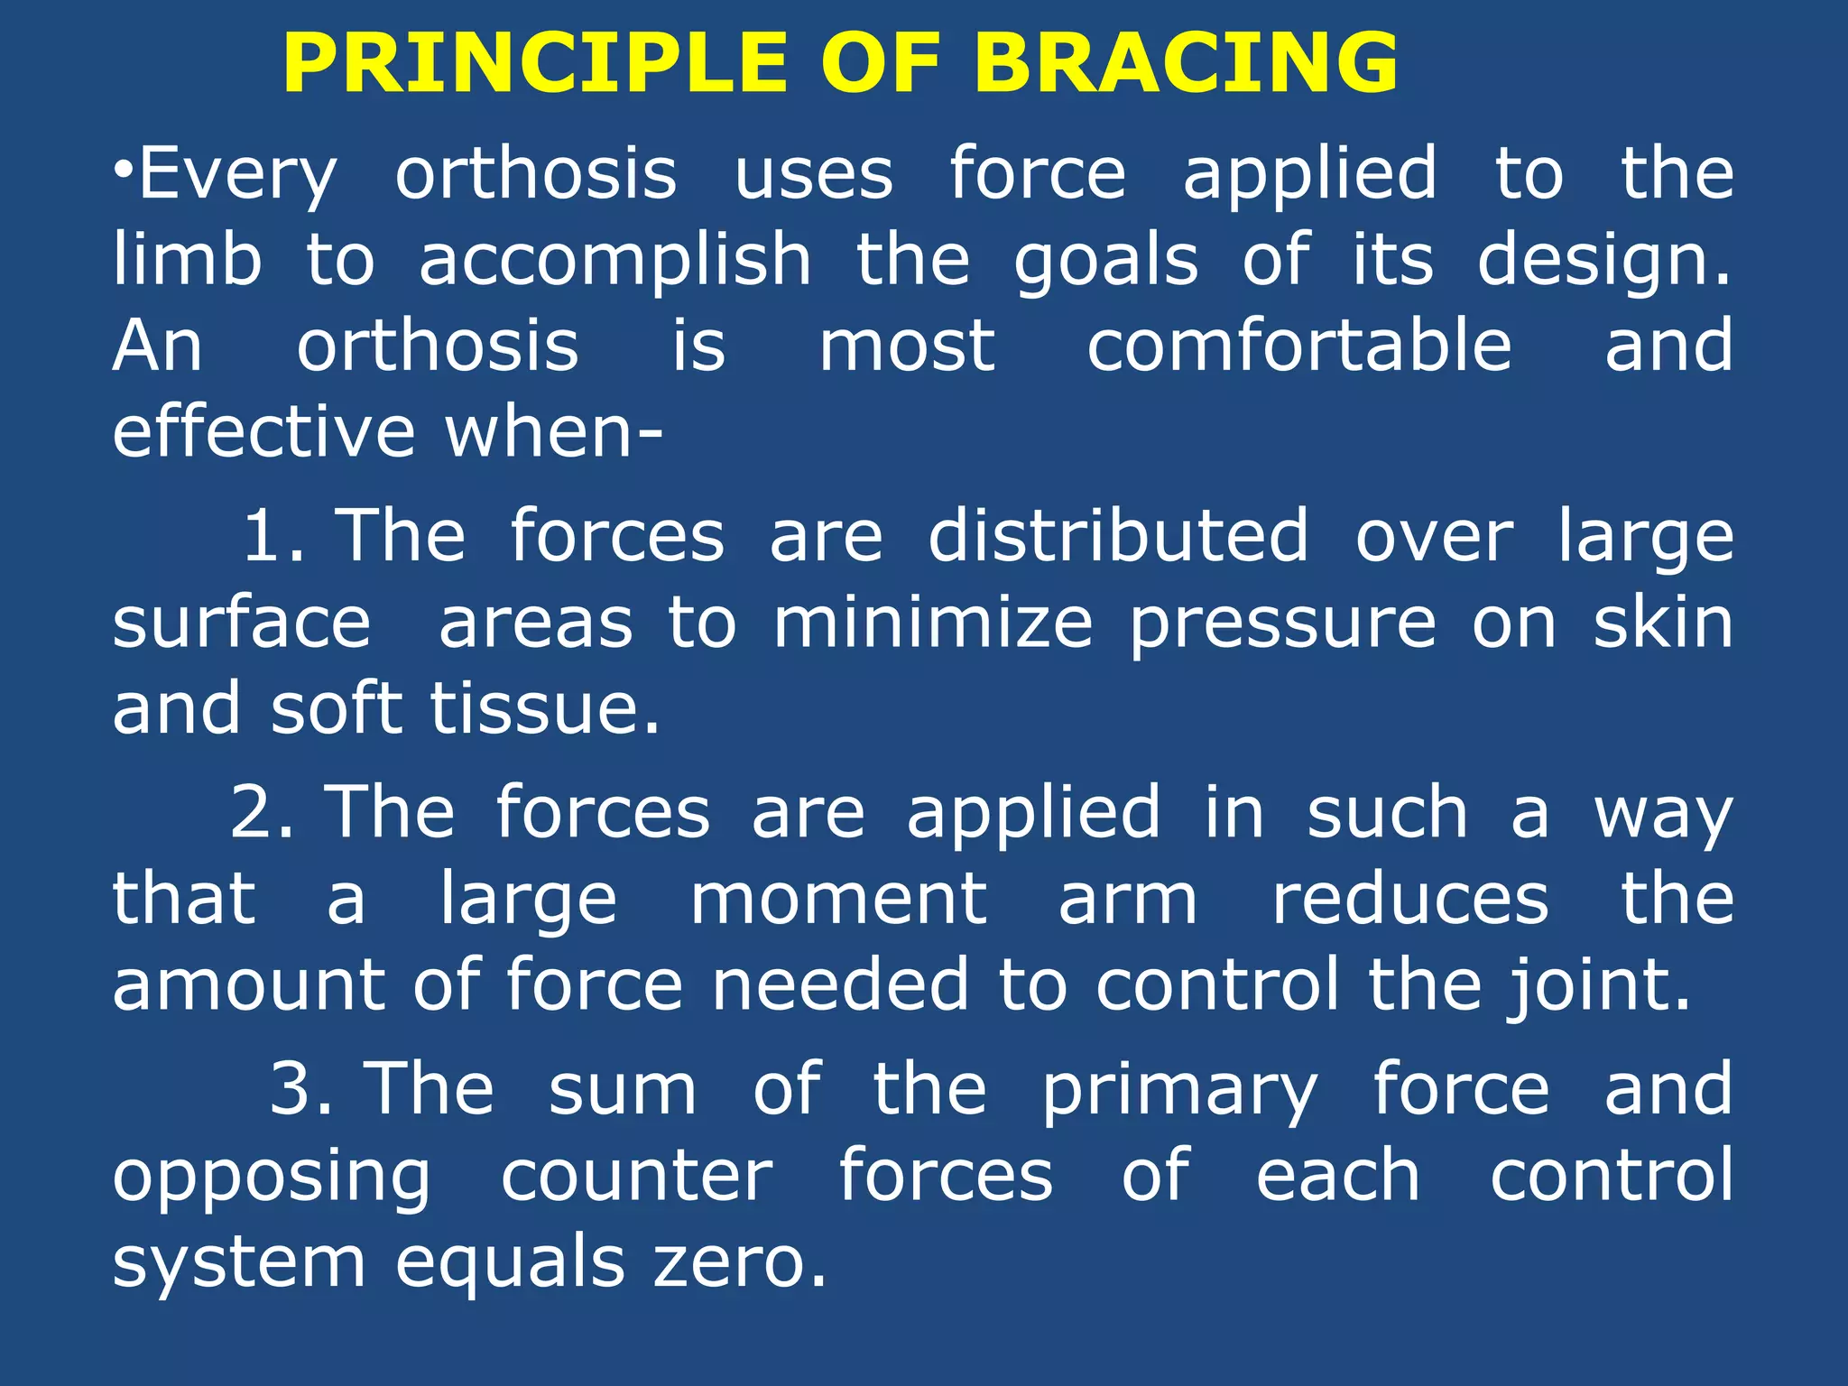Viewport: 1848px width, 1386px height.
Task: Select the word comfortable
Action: pyautogui.click(x=1299, y=346)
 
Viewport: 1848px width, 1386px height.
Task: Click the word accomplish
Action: pyautogui.click(x=615, y=262)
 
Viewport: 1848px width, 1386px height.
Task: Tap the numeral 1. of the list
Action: pyautogui.click(x=273, y=536)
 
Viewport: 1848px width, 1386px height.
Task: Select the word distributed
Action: pyautogui.click(x=1118, y=536)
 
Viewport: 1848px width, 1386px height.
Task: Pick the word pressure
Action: pyautogui.click(x=1282, y=624)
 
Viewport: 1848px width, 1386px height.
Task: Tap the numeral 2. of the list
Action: pyautogui.click(x=262, y=812)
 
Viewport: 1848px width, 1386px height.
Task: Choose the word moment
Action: pyautogui.click(x=839, y=900)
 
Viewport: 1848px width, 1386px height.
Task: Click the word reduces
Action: pyautogui.click(x=1410, y=900)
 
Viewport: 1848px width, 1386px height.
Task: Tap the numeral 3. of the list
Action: pyautogui.click(x=301, y=1089)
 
